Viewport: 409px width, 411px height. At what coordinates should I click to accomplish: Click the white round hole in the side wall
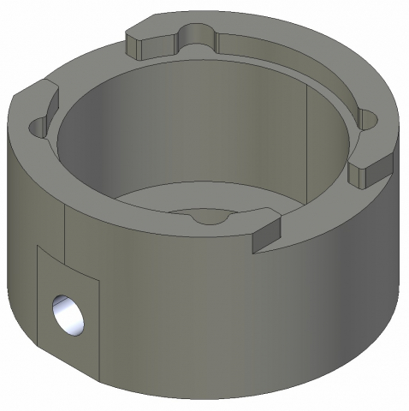tap(68, 314)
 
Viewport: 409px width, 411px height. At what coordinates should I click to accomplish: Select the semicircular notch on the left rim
tap(37, 127)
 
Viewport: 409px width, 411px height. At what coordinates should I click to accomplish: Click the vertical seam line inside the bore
tap(306, 137)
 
